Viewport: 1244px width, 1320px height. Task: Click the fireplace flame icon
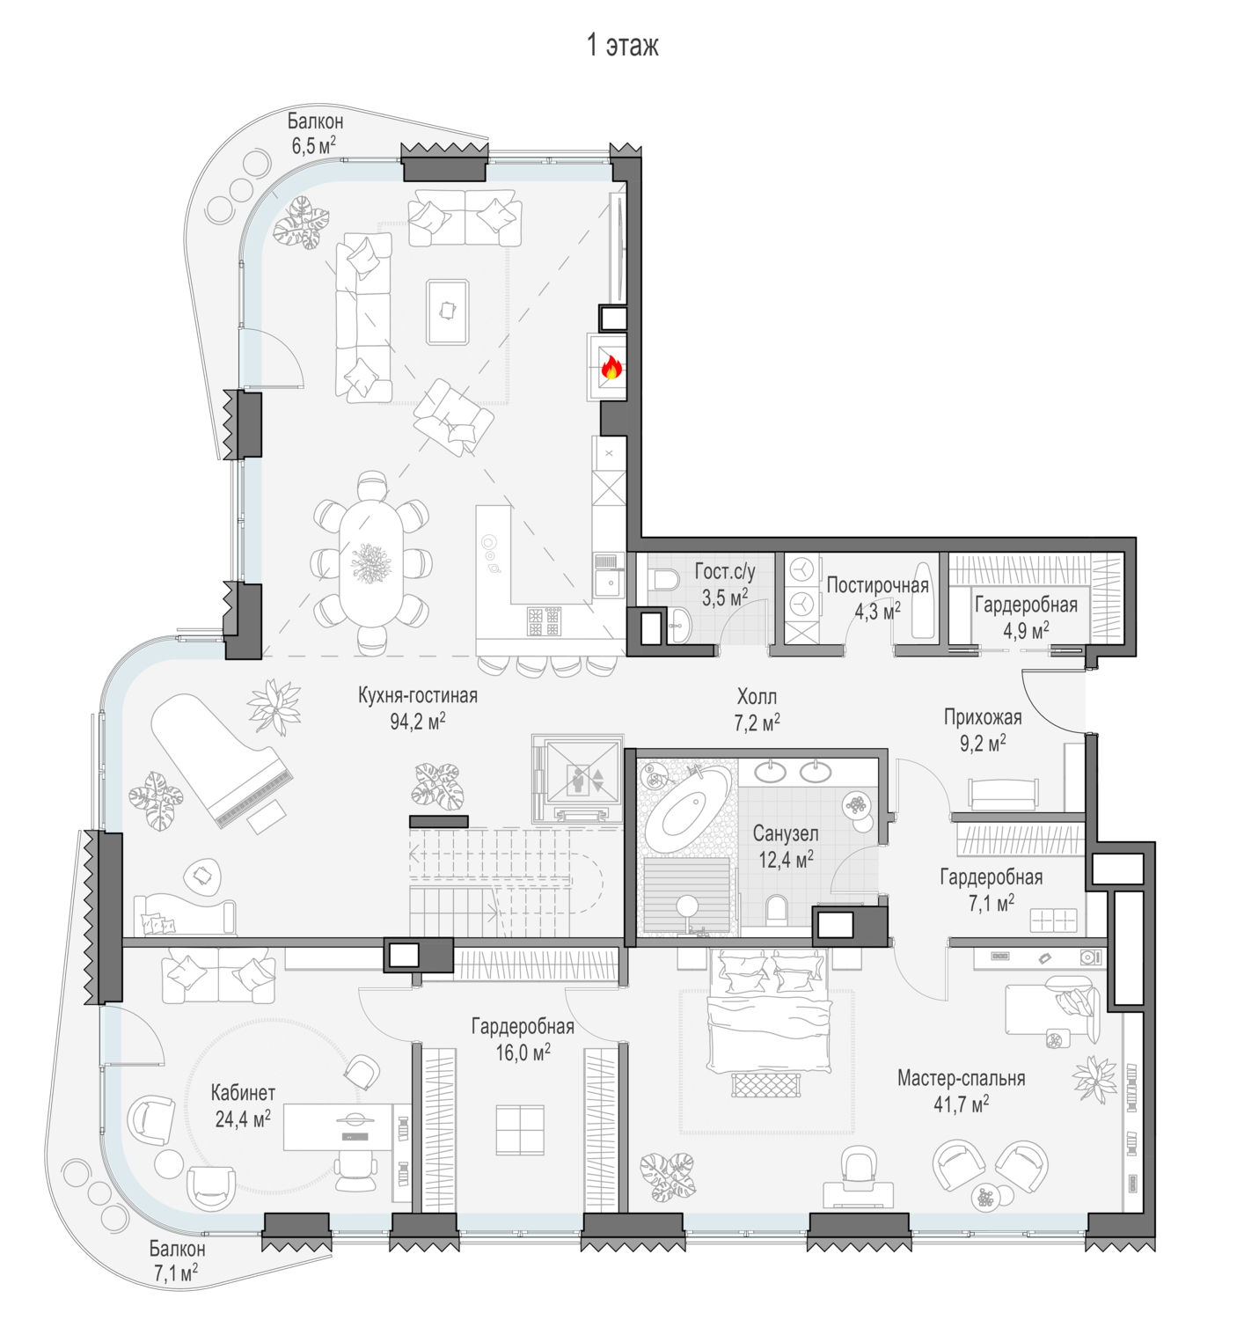point(611,368)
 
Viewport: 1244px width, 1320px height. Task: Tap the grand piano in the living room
point(221,759)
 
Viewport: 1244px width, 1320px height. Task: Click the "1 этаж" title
point(623,45)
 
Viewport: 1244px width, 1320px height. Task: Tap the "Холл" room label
point(757,697)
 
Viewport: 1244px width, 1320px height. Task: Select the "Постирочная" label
point(877,585)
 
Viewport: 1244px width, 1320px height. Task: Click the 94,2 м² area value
point(417,721)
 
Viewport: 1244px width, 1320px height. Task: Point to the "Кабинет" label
point(243,1092)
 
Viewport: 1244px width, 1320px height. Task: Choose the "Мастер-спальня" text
point(961,1077)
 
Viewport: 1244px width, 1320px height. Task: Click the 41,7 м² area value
point(961,1104)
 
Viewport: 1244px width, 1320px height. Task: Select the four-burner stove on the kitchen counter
point(545,621)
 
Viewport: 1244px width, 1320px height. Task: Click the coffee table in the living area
point(448,312)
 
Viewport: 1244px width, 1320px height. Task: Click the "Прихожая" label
point(982,717)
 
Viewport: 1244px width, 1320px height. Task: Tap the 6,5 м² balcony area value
point(314,145)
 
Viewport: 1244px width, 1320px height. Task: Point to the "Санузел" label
point(786,832)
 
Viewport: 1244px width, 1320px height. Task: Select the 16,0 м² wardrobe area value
point(523,1052)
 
